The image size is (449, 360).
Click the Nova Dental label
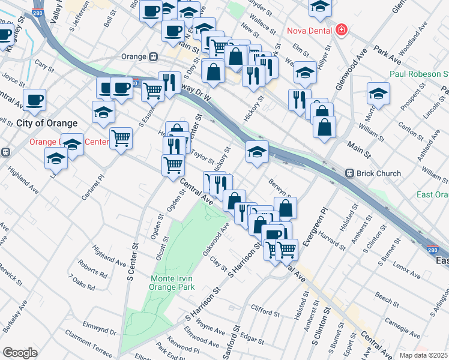click(x=310, y=30)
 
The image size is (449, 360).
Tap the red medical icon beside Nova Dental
click(x=341, y=29)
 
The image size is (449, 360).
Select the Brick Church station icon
click(x=350, y=173)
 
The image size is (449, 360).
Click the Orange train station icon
click(x=153, y=56)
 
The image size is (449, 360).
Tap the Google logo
click(x=19, y=353)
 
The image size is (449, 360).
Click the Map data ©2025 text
click(x=424, y=355)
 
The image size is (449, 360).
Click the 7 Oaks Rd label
click(x=82, y=282)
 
